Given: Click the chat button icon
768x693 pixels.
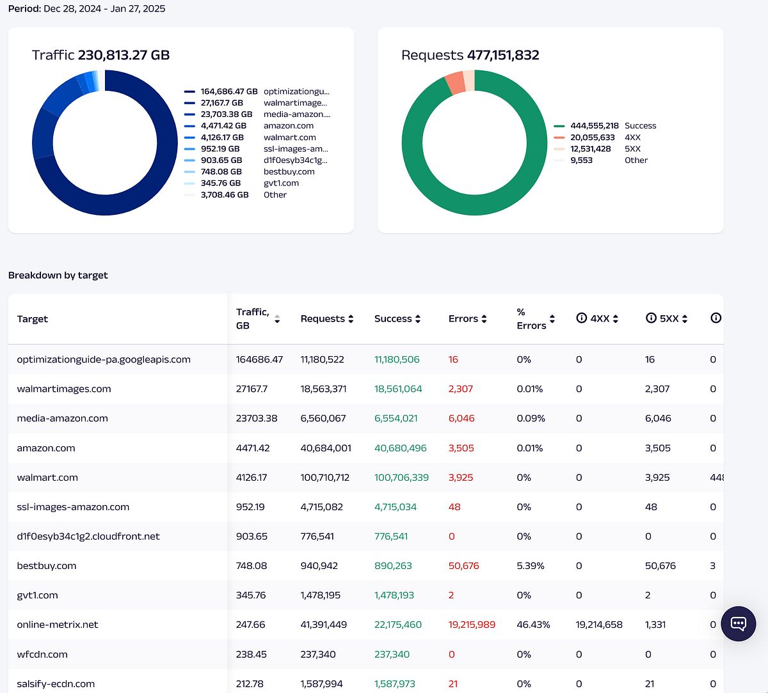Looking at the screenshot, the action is click(x=738, y=624).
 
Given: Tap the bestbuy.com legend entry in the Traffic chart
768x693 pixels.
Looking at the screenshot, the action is click(x=249, y=172).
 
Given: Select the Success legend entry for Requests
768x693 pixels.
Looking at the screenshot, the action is click(x=605, y=126).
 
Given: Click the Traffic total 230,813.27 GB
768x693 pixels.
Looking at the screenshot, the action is click(x=124, y=55).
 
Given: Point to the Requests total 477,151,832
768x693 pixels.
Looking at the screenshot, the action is click(x=503, y=55).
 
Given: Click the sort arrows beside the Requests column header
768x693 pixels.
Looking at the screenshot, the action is click(x=351, y=319).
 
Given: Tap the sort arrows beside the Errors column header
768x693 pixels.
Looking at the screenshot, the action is click(x=484, y=319).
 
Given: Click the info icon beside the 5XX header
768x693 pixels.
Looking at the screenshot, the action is click(x=651, y=318).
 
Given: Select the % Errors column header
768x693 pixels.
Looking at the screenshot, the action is click(x=531, y=319).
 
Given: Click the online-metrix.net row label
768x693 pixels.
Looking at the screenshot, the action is click(x=58, y=625).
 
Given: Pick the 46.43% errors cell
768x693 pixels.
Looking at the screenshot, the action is click(x=533, y=625).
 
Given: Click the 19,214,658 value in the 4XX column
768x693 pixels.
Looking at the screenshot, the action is click(x=599, y=625).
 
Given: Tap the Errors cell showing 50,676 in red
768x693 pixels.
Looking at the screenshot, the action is click(x=463, y=566).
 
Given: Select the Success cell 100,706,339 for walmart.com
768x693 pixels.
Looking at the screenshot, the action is click(x=402, y=478).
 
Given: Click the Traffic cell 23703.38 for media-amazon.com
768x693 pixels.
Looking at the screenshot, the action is click(x=257, y=418).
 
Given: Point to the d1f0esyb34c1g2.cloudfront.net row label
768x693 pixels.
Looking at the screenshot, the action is click(x=88, y=536).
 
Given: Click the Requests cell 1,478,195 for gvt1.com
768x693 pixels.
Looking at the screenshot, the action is click(x=321, y=595).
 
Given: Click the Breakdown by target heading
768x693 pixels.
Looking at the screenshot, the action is click(x=58, y=276).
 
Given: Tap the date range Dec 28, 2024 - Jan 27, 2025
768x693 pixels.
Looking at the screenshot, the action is click(x=104, y=8).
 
